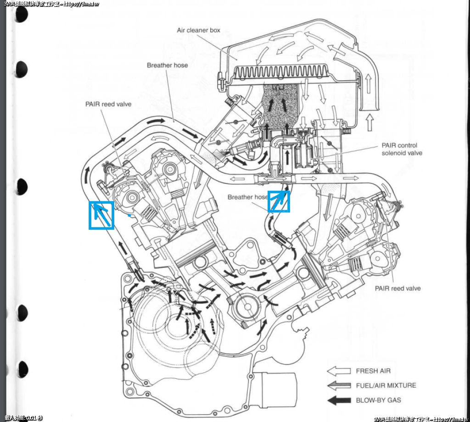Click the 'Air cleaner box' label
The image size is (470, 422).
tap(198, 30)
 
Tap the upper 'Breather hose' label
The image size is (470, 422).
tap(167, 65)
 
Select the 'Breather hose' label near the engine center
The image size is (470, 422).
tap(247, 197)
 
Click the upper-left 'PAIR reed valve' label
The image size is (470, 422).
tap(108, 104)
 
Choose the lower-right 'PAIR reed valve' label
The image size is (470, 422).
tap(397, 288)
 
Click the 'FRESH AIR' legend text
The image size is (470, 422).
tap(373, 371)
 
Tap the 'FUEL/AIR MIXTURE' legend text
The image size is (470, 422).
tap(386, 385)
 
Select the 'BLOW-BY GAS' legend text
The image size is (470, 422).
tap(378, 400)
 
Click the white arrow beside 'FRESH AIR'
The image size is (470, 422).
tap(338, 371)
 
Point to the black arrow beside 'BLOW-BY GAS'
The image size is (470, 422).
tap(338, 400)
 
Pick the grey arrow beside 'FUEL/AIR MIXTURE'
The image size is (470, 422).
tap(338, 385)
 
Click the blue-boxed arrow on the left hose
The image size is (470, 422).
tap(101, 215)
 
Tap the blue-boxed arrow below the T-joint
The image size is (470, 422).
tap(279, 201)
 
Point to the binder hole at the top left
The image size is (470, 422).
tap(21, 14)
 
